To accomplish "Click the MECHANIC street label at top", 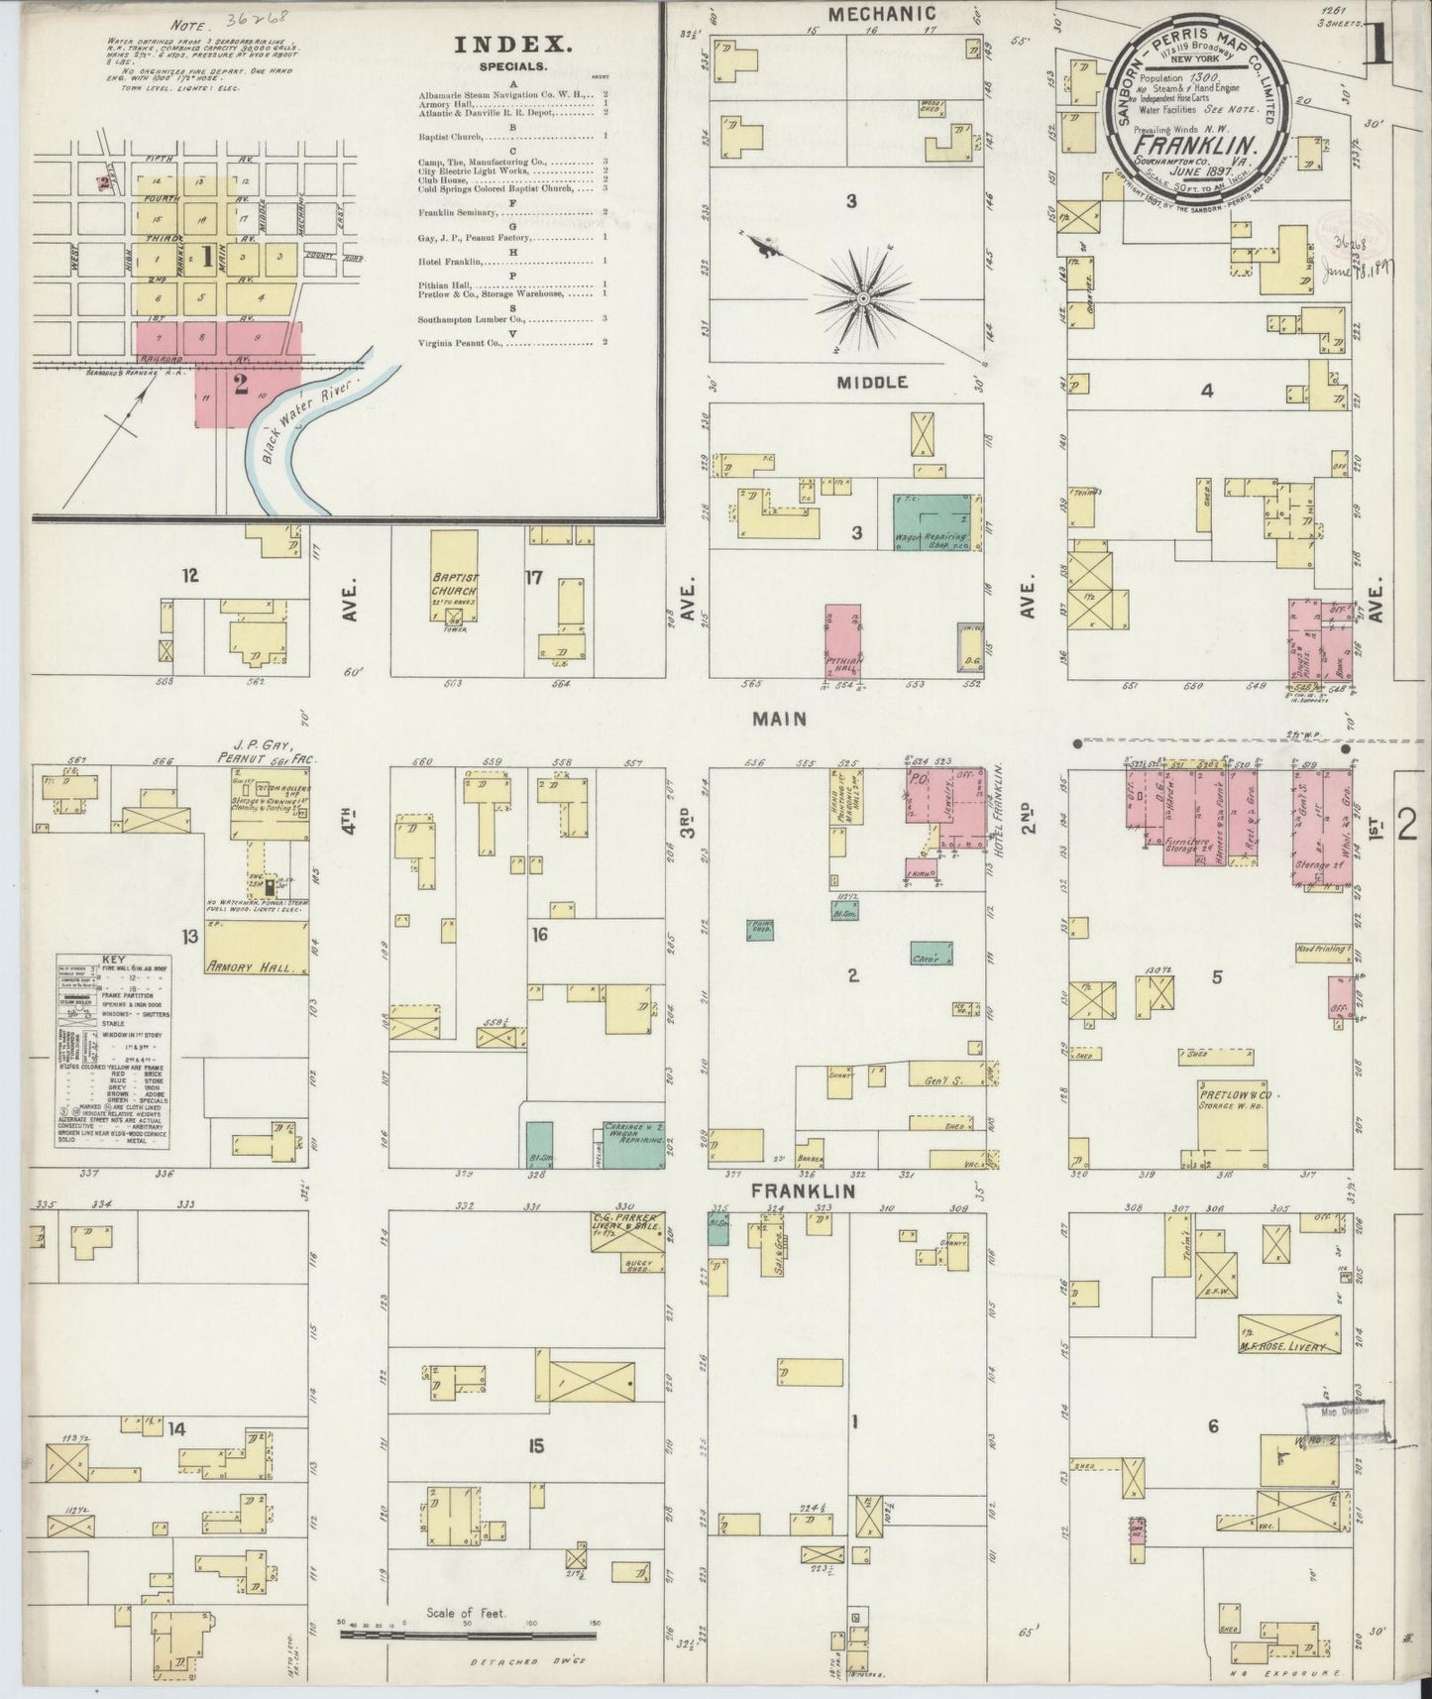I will tap(882, 14).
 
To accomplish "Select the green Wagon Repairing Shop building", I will tap(932, 522).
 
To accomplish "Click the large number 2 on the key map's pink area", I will tap(240, 385).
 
